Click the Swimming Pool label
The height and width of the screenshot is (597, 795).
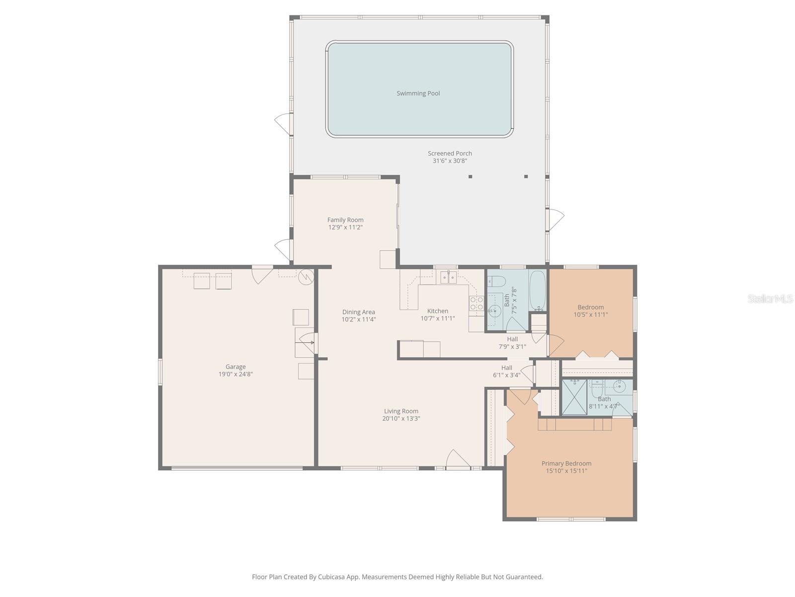coord(418,93)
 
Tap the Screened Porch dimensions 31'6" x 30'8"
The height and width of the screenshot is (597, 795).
coord(450,161)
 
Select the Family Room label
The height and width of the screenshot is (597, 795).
coord(345,220)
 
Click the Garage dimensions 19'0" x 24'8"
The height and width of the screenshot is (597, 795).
coord(236,374)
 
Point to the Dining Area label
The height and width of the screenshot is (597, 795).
coord(358,312)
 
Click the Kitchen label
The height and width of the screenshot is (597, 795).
coord(437,311)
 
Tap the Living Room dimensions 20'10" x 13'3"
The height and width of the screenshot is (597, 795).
coord(401,418)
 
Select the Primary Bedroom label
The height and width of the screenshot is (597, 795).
coord(566,463)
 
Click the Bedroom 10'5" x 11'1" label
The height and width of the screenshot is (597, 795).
coord(591,310)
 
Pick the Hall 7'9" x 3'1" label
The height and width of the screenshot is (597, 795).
coord(512,343)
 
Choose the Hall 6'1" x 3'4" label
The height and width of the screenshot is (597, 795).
coord(506,371)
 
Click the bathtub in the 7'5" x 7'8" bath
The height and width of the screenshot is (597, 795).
coord(538,290)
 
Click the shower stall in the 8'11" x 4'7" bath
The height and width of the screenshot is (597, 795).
coord(574,397)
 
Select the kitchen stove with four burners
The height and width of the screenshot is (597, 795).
coord(477,303)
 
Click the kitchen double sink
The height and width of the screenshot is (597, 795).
coord(448,277)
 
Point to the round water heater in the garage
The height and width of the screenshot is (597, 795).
coord(306,277)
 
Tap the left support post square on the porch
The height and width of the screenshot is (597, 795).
coord(470,176)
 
